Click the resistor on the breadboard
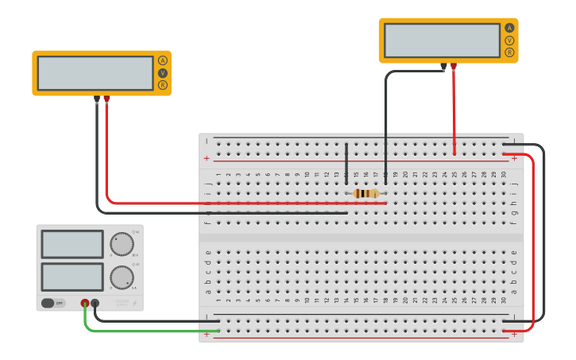point(365,193)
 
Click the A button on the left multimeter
point(163,60)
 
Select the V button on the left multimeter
point(163,73)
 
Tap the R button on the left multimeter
point(163,85)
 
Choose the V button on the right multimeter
point(509,40)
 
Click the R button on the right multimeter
point(509,52)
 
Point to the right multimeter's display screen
point(442,40)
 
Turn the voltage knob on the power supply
point(122,243)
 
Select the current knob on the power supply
point(122,277)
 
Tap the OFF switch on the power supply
point(53,303)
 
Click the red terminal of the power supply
point(85,303)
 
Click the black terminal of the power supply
point(95,303)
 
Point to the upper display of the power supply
point(72,244)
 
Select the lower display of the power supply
point(72,277)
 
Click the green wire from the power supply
point(143,331)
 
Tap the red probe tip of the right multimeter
point(454,67)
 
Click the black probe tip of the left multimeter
point(97,99)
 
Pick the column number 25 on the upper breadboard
point(454,174)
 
